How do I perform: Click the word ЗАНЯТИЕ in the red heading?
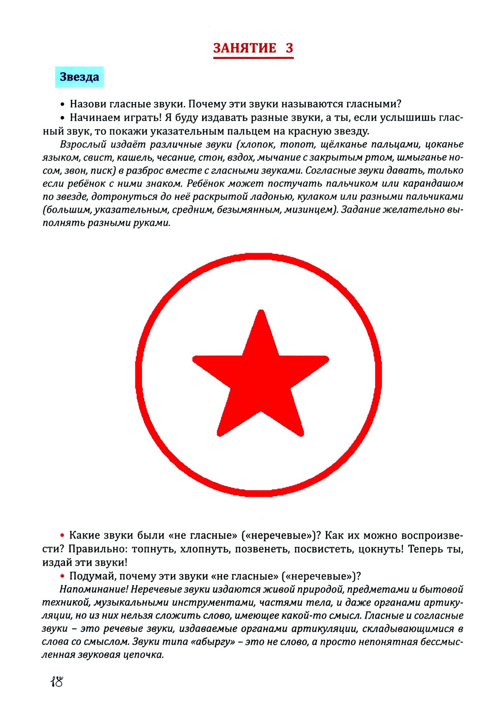click(x=245, y=48)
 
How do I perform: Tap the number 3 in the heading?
click(x=289, y=48)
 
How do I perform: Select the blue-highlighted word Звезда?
click(x=79, y=77)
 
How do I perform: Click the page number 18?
click(x=57, y=681)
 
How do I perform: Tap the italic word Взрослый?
click(x=83, y=144)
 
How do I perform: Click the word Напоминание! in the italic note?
click(x=94, y=589)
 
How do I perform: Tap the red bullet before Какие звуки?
click(x=62, y=536)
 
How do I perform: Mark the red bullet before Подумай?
click(x=62, y=576)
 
